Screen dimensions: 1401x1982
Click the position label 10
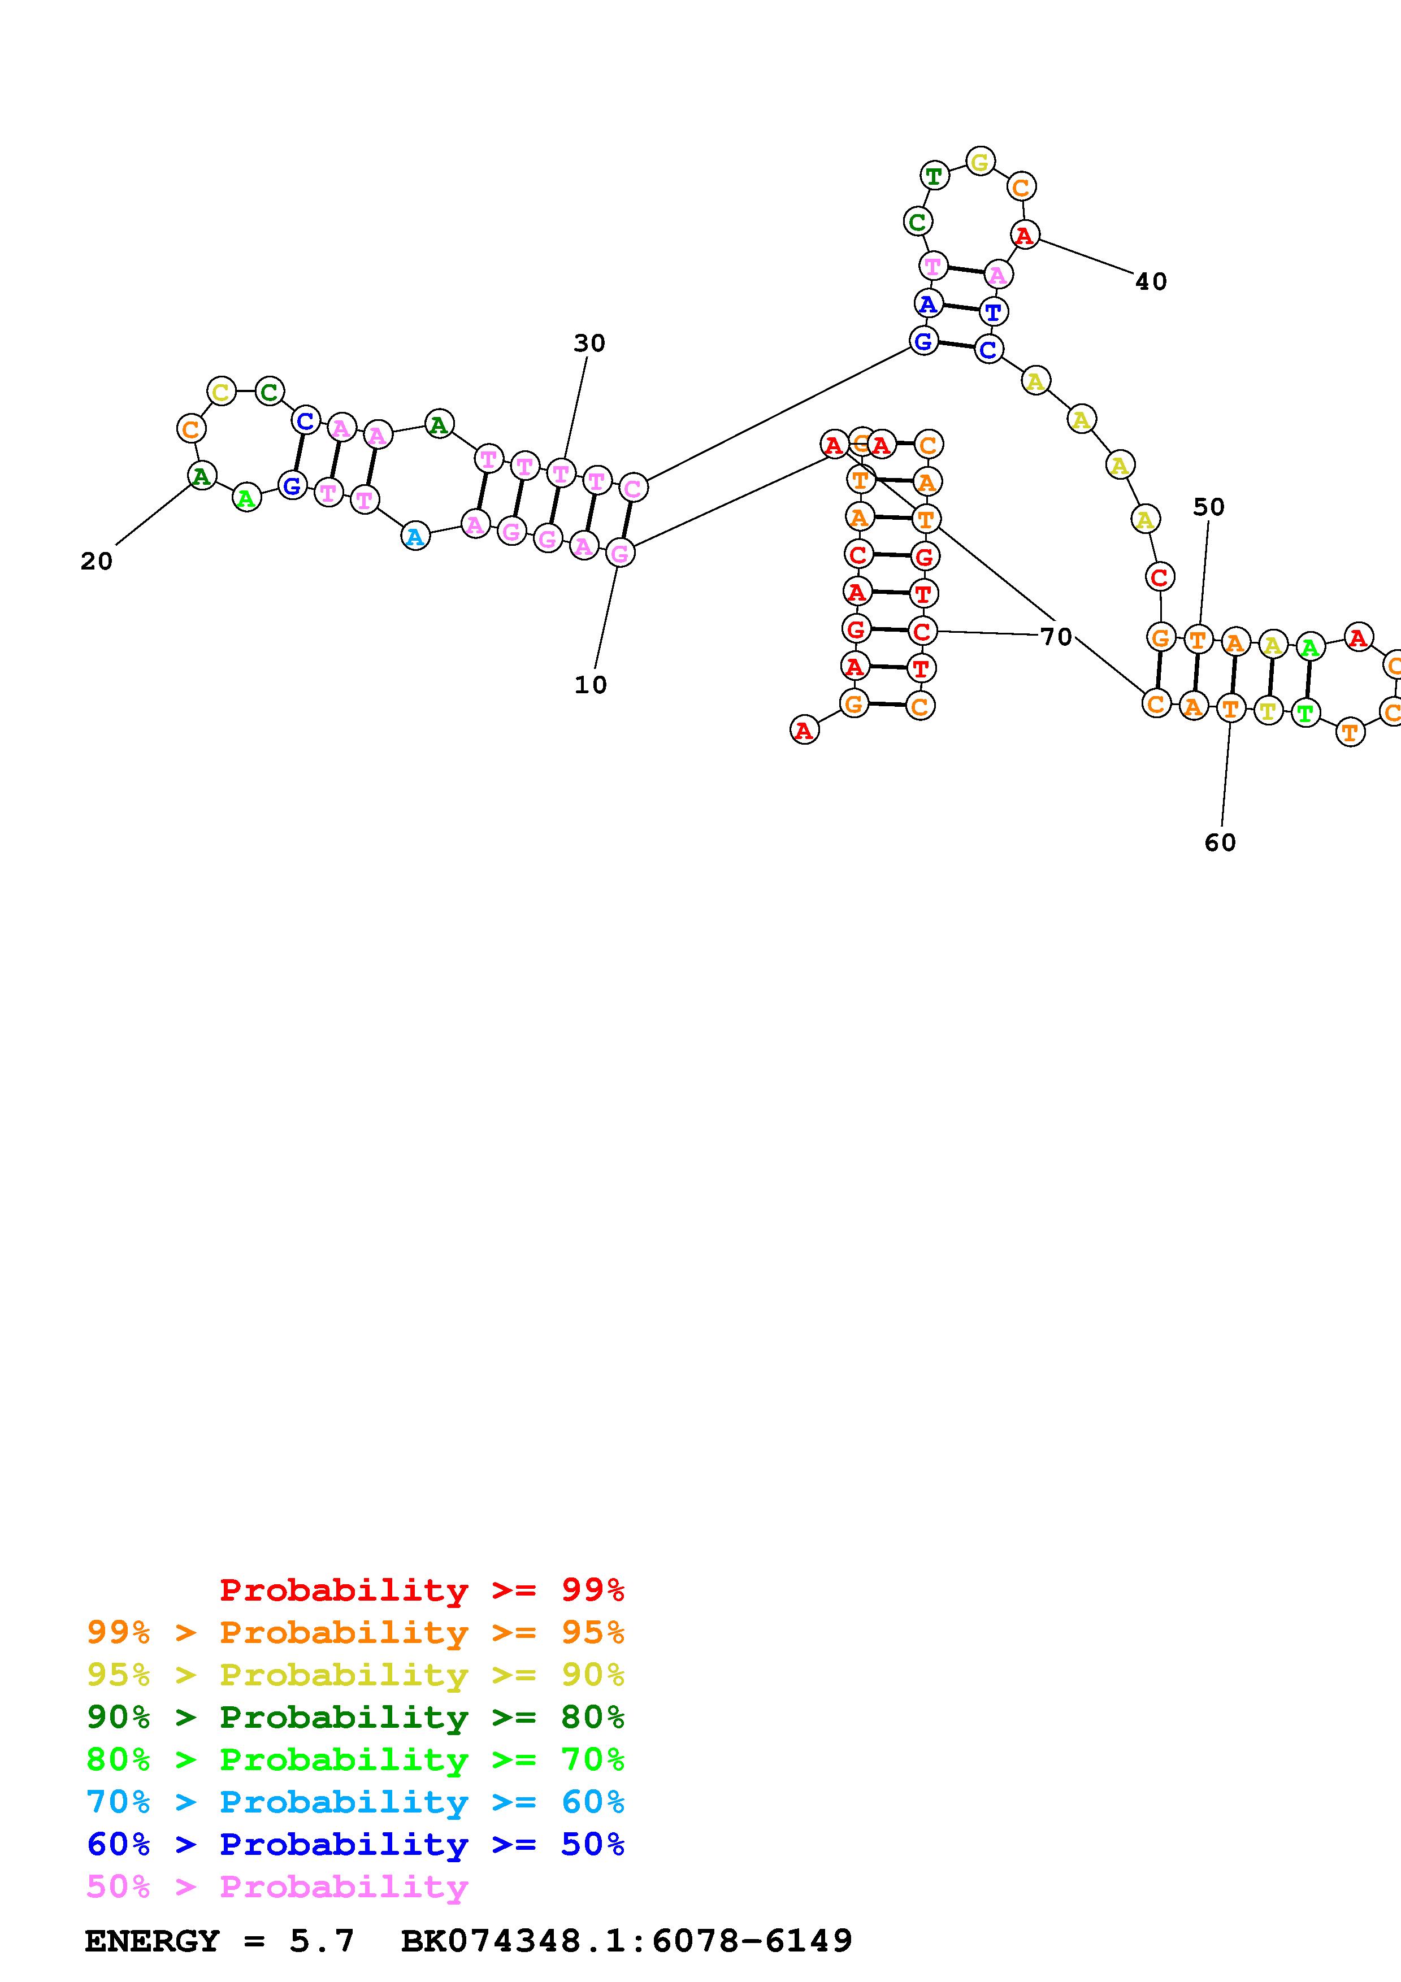pyautogui.click(x=591, y=685)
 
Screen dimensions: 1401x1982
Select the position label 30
pyautogui.click(x=589, y=343)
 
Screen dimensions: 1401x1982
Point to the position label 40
pyautogui.click(x=1151, y=281)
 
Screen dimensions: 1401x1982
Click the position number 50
pyautogui.click(x=1208, y=507)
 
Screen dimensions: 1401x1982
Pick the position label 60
pyautogui.click(x=1220, y=842)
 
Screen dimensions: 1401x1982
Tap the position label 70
pyautogui.click(x=1056, y=637)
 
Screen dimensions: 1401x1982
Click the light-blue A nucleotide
pyautogui.click(x=415, y=536)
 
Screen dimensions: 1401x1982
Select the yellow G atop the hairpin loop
pyautogui.click(x=980, y=162)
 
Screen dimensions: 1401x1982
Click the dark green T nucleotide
pyautogui.click(x=934, y=176)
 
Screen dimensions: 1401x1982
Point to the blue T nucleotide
pyautogui.click(x=994, y=312)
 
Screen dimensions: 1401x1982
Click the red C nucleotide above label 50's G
pyautogui.click(x=1159, y=577)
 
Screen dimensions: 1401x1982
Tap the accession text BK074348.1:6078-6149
pyautogui.click(x=627, y=1941)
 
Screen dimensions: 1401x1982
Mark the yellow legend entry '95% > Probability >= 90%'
pyautogui.click(x=355, y=1675)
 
